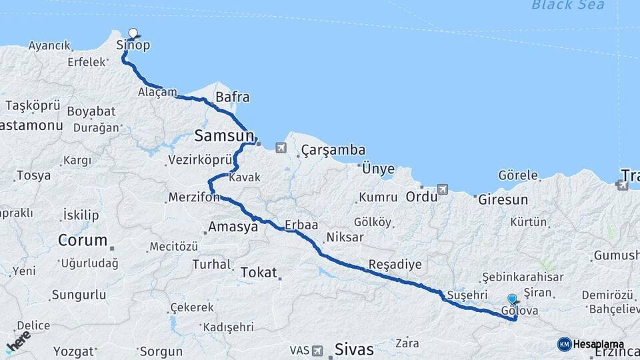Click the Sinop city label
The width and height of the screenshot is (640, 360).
(133, 45)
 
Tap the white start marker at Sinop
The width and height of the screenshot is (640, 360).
(133, 33)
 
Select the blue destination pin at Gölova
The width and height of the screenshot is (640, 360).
(511, 299)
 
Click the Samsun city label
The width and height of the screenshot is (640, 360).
(223, 136)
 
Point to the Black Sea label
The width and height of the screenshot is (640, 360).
(568, 5)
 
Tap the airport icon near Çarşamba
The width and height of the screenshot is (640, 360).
(281, 147)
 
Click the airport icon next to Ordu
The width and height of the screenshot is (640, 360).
(441, 189)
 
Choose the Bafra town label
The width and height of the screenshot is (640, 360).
(232, 97)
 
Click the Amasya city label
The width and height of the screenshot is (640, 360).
(233, 227)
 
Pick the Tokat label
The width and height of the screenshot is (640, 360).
(258, 272)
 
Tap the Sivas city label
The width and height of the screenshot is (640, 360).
(354, 349)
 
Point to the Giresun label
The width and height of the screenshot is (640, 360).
(503, 199)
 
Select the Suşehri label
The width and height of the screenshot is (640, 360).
(463, 294)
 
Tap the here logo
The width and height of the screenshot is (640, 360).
(19, 342)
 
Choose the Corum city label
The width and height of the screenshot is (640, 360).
(83, 239)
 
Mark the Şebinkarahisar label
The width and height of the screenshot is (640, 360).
(523, 277)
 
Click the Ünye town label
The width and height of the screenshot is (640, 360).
(377, 169)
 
